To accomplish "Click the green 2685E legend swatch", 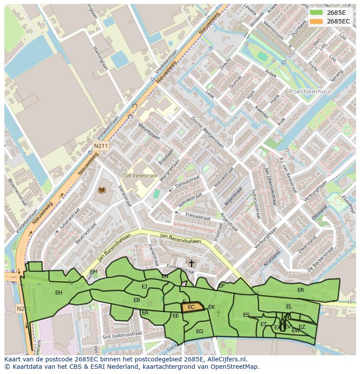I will click(317, 13).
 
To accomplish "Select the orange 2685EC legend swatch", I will click(317, 21).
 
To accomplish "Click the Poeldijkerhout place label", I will click(310, 92).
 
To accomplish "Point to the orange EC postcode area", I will click(192, 307).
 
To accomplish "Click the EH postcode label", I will click(59, 293).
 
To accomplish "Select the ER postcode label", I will click(300, 290).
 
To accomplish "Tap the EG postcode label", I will click(200, 331).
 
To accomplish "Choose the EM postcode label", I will click(93, 272).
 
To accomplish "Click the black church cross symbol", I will click(191, 263).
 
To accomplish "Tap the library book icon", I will click(102, 190).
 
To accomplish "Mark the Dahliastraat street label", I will click(187, 181).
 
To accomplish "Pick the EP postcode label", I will click(221, 286).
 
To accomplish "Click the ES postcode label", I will click(247, 315).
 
